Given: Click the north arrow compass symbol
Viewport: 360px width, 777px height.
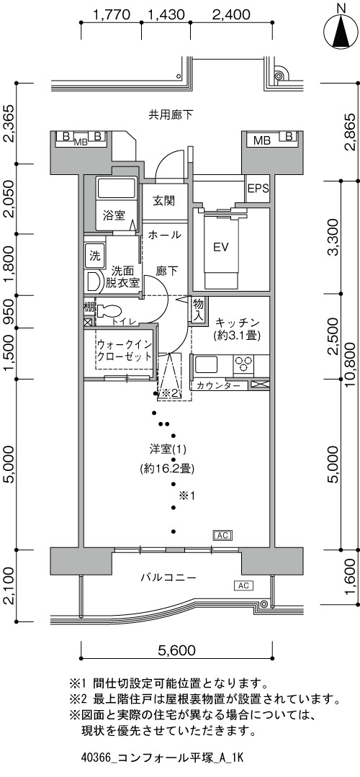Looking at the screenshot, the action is (340, 30).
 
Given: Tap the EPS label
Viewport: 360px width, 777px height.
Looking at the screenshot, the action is (258, 188).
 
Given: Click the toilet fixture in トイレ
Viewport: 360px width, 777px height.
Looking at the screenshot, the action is (109, 311).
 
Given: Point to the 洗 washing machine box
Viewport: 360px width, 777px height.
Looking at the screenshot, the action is (94, 256).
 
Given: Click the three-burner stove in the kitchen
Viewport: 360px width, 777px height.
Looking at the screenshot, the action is (243, 364).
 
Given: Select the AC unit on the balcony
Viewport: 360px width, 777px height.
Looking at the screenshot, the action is (243, 585).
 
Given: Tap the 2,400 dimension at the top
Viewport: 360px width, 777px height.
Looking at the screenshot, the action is (230, 15).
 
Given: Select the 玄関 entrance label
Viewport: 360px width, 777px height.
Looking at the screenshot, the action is (163, 201).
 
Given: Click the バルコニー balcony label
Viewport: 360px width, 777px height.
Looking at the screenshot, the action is (168, 578).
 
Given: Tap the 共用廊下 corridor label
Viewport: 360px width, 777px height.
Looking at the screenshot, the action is (171, 115).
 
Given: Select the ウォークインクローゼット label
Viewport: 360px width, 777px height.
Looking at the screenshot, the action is (125, 351).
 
